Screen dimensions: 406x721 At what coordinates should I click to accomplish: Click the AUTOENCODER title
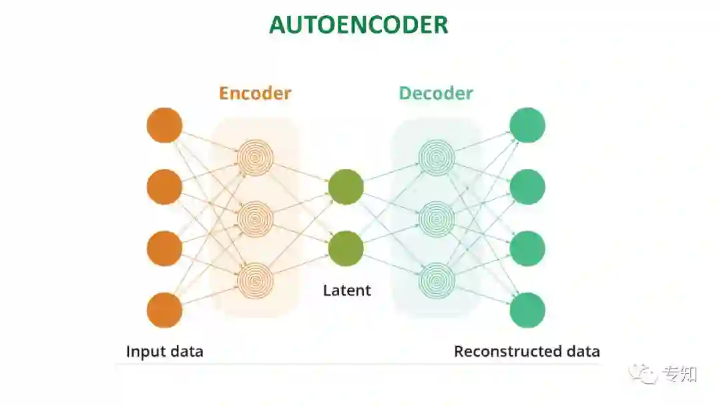[358, 25]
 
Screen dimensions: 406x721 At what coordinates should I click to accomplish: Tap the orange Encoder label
[255, 93]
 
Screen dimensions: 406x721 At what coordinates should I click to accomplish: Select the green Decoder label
[436, 93]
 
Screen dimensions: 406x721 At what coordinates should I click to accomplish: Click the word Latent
[346, 290]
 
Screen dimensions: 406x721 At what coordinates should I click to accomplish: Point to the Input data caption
[165, 351]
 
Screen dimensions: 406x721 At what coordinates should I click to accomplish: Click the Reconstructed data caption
[527, 351]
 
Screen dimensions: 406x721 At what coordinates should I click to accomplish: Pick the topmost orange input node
[164, 125]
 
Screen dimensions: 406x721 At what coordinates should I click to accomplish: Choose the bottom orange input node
[164, 311]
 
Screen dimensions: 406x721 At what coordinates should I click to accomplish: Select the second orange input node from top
[164, 187]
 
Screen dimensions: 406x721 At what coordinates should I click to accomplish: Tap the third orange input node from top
[164, 248]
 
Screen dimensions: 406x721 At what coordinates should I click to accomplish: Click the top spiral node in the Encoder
[255, 158]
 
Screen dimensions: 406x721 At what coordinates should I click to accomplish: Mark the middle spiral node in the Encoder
[255, 218]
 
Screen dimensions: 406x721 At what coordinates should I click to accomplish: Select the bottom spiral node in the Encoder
[255, 280]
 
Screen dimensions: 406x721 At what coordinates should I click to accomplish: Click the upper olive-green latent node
[346, 187]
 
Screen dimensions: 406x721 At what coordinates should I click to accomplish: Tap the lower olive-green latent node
[346, 248]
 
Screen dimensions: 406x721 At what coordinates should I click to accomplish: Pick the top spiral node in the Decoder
[437, 158]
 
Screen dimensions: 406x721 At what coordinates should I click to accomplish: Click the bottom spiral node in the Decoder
[437, 280]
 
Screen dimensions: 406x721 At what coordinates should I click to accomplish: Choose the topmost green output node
[527, 125]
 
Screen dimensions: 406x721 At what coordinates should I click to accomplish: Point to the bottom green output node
[527, 311]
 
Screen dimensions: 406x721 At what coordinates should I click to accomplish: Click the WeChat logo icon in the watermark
[645, 373]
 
